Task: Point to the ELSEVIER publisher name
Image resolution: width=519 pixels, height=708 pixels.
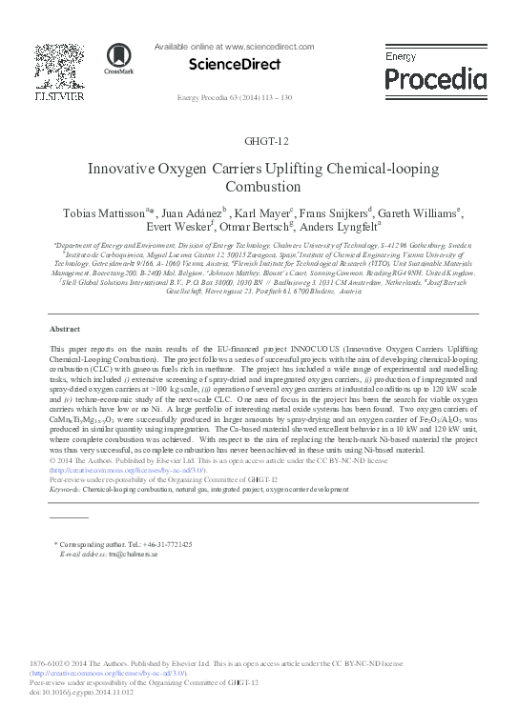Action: point(59,96)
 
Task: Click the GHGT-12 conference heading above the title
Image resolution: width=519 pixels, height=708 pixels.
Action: point(259,141)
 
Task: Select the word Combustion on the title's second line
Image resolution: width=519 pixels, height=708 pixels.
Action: point(259,186)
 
